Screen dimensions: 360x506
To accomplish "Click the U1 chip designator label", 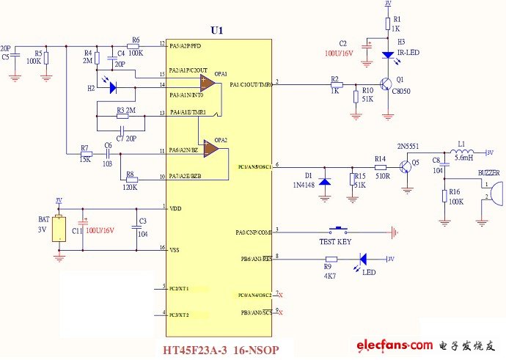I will pos(216,31).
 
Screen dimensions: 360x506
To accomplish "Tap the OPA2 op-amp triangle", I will pos(210,149).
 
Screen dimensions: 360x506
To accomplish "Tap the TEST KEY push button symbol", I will pos(340,230).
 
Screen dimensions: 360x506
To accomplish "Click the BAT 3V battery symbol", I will pos(59,227).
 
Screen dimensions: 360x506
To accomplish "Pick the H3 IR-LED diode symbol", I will pos(388,54).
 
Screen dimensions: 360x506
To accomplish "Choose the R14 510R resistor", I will pos(380,167).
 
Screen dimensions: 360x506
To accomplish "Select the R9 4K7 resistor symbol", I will pos(331,258).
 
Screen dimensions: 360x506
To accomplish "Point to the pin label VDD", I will pos(176,208).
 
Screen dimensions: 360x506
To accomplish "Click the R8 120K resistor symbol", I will pos(133,179).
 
